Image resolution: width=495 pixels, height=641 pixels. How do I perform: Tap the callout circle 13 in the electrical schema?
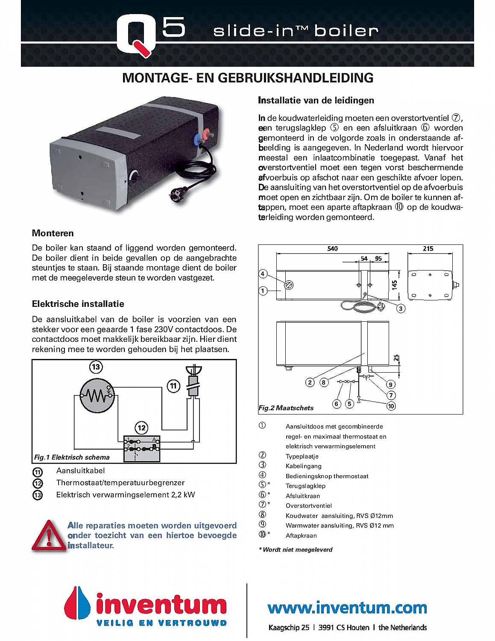click(x=96, y=367)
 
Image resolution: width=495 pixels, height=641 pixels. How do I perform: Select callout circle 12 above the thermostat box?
click(x=141, y=428)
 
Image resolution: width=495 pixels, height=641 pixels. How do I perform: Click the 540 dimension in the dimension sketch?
click(x=332, y=249)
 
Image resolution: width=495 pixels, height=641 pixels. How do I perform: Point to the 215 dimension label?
click(x=428, y=249)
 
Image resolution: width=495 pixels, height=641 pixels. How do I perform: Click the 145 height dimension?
click(x=395, y=284)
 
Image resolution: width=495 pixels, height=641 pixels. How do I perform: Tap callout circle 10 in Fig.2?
click(x=391, y=406)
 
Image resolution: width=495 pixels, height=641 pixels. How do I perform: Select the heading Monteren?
click(x=53, y=233)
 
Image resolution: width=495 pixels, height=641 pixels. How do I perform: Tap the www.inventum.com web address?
click(x=347, y=607)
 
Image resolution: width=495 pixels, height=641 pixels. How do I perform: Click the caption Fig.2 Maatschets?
click(x=286, y=408)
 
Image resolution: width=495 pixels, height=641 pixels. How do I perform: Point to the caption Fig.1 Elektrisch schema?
click(x=72, y=457)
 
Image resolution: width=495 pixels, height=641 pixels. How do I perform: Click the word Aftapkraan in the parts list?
click(x=301, y=535)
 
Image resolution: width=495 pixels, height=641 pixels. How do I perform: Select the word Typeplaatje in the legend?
click(x=302, y=456)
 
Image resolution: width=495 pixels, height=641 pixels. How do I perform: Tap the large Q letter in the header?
click(x=135, y=34)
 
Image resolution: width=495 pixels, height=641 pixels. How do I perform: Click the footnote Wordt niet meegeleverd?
click(x=297, y=550)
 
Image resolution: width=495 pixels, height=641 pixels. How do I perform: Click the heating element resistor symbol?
click(x=97, y=396)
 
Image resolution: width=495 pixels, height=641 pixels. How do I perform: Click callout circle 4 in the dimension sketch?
click(x=263, y=274)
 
